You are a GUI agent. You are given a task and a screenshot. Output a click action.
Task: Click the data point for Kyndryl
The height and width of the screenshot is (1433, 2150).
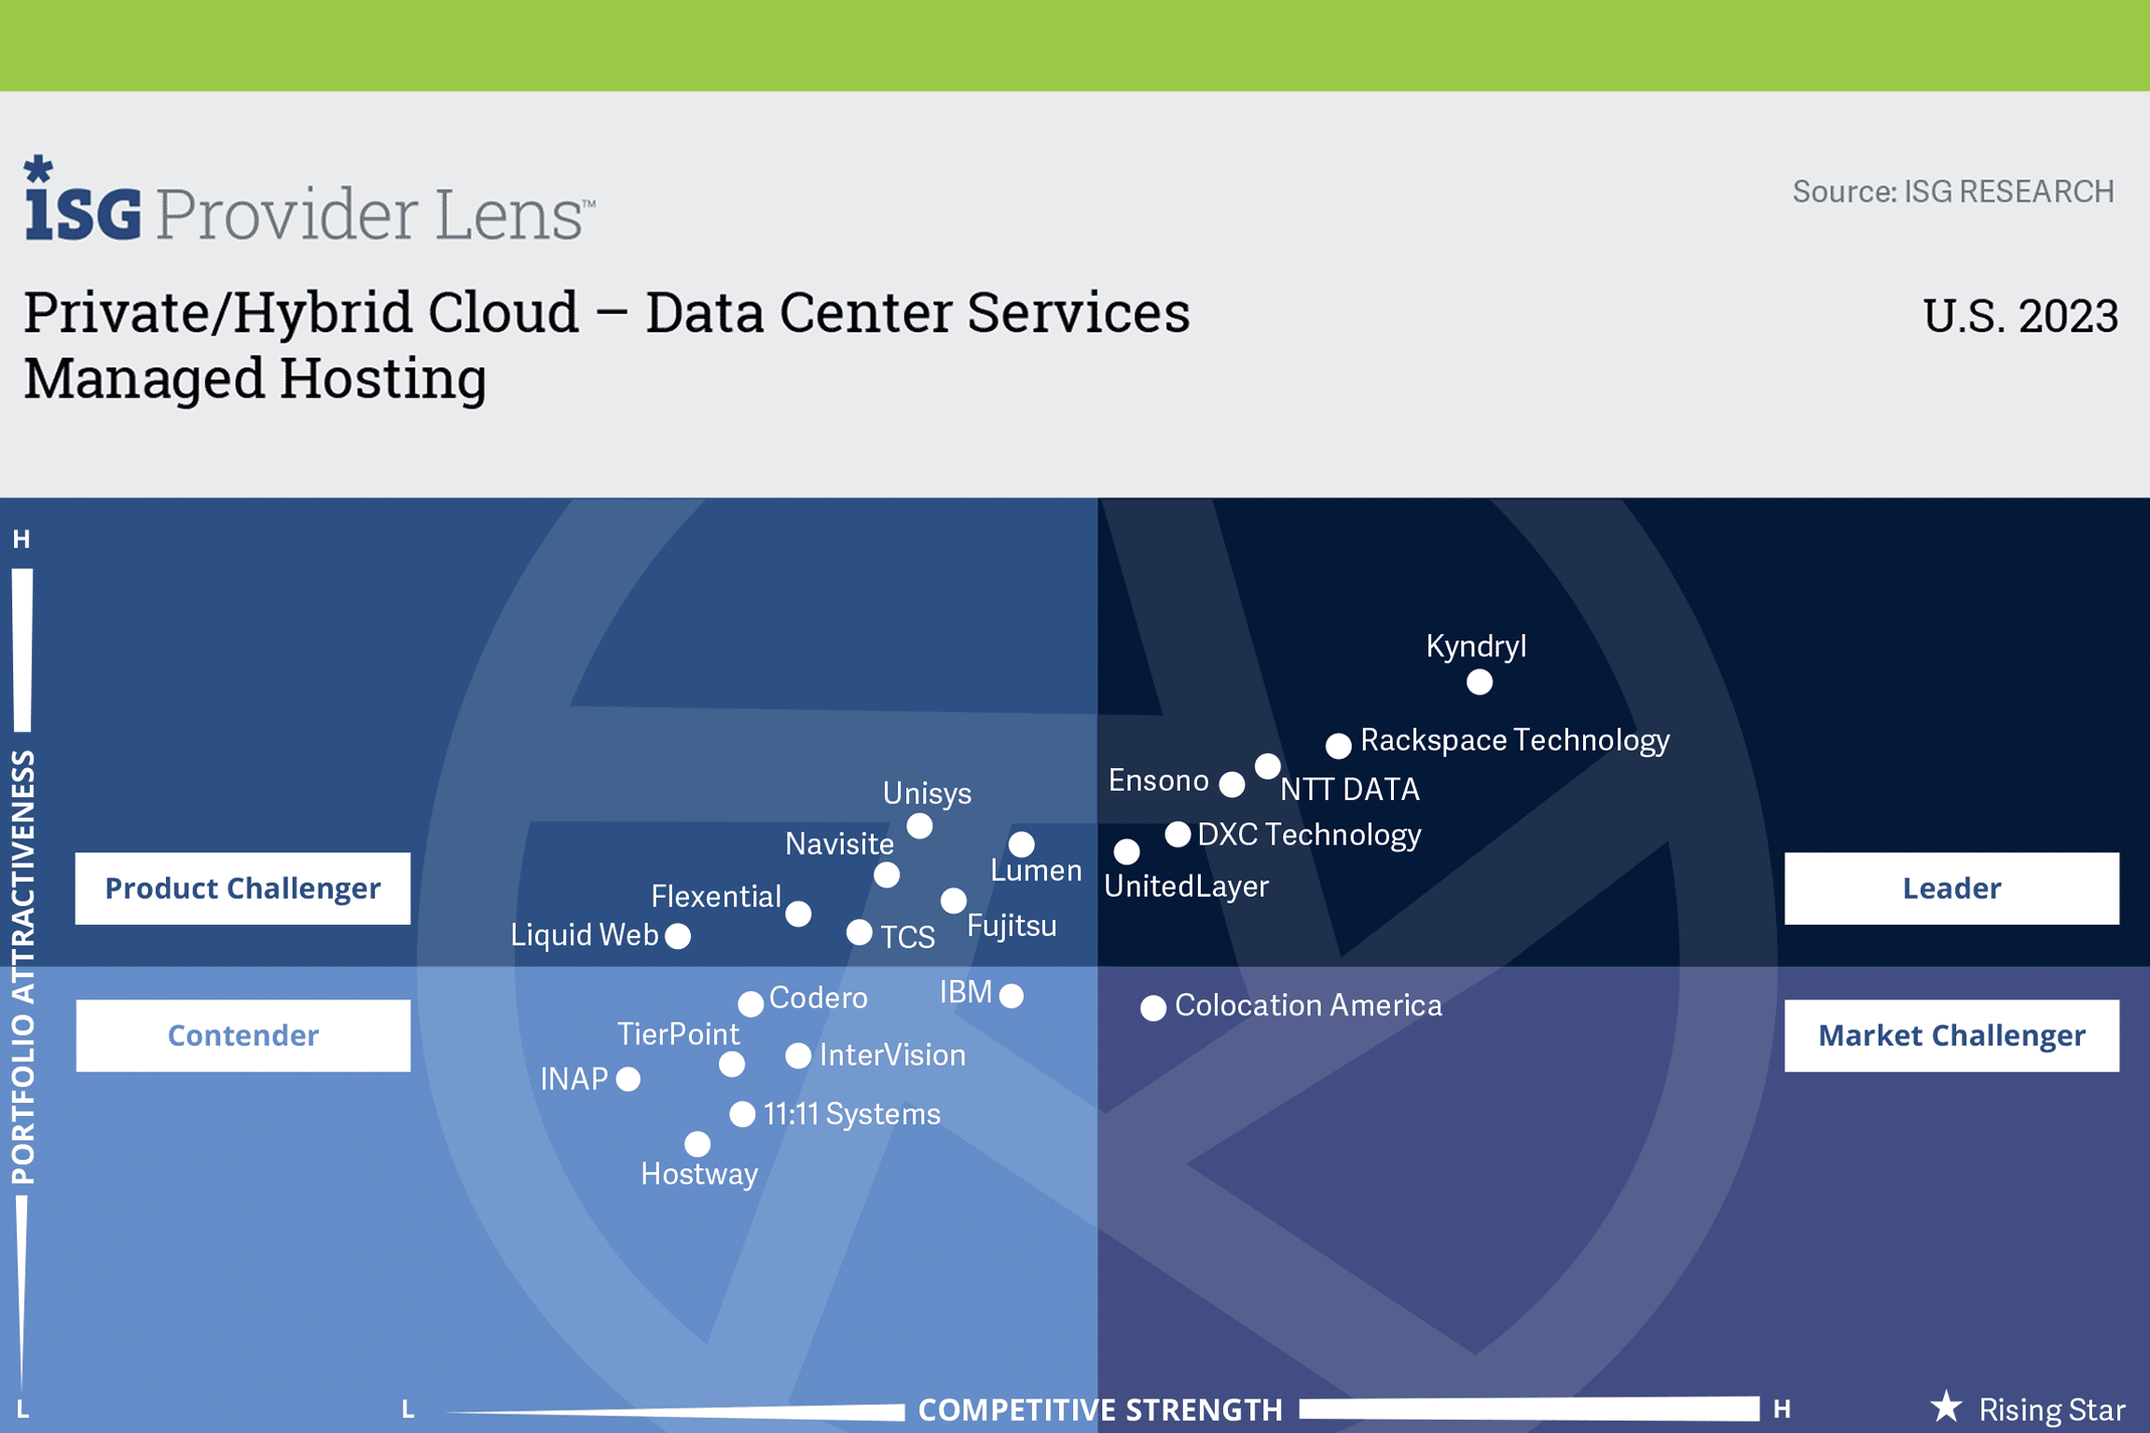(1479, 682)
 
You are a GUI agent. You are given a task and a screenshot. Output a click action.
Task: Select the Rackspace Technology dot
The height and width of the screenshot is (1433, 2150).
(1338, 745)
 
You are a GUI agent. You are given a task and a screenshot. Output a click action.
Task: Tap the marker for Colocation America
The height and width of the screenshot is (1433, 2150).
(1153, 1008)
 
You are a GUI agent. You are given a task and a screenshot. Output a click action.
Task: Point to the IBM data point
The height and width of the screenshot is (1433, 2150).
(1012, 996)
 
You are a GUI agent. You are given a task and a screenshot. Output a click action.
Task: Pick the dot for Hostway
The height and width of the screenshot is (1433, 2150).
(697, 1144)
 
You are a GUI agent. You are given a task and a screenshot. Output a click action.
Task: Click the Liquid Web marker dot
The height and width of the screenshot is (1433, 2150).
(678, 936)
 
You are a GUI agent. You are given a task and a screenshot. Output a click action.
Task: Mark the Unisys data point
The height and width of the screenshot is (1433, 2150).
(919, 826)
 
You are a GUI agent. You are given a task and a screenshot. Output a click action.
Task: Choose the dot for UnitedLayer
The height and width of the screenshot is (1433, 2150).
(1126, 851)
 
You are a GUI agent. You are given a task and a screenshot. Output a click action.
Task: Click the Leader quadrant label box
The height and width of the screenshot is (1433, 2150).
(1951, 888)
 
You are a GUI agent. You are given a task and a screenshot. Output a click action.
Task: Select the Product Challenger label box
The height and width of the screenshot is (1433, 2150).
(242, 888)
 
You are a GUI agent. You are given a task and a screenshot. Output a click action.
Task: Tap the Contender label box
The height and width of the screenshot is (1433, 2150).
(242, 1035)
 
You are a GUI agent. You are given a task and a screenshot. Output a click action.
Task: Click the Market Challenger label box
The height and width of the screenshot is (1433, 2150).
(1951, 1035)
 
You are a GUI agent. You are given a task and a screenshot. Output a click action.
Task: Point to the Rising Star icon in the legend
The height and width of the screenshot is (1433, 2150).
(1946, 1407)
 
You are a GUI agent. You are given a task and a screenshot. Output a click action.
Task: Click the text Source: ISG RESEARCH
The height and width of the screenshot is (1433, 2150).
(1953, 191)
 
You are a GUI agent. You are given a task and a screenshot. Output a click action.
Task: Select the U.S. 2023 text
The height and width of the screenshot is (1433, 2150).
(2020, 316)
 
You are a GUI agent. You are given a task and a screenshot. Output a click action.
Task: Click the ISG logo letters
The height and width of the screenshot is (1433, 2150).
(83, 200)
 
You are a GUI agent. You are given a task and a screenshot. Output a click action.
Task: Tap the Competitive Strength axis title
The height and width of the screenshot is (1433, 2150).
(1100, 1410)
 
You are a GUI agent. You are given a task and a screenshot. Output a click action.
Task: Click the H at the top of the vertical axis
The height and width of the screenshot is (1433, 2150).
(21, 539)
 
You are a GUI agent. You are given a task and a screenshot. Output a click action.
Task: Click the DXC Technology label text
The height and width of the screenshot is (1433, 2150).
(1309, 834)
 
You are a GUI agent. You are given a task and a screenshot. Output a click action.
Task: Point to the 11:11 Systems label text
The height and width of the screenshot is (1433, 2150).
(852, 1114)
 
